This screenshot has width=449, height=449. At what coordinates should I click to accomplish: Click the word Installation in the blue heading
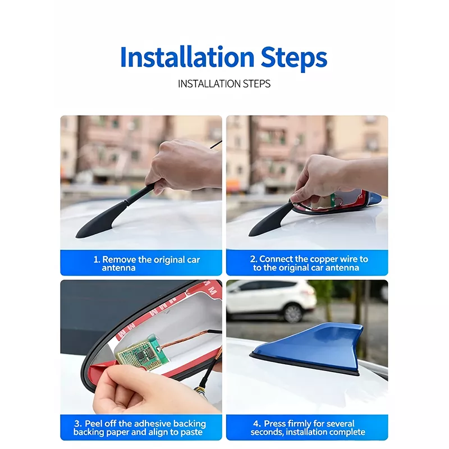coord(187,57)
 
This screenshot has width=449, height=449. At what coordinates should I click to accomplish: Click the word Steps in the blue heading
coord(294,59)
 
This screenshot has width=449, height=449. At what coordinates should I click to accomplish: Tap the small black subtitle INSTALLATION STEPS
coord(224,84)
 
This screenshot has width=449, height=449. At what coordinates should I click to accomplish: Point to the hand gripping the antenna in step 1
coord(184,166)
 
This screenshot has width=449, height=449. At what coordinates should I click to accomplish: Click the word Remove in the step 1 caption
coord(119,259)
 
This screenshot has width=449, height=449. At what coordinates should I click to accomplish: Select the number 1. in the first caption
coord(97,259)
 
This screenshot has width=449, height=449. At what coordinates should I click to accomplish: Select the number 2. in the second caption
coord(254,259)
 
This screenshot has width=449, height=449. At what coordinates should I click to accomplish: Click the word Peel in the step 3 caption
coord(93,424)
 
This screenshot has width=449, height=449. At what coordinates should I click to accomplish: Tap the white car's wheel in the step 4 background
coord(292,314)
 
